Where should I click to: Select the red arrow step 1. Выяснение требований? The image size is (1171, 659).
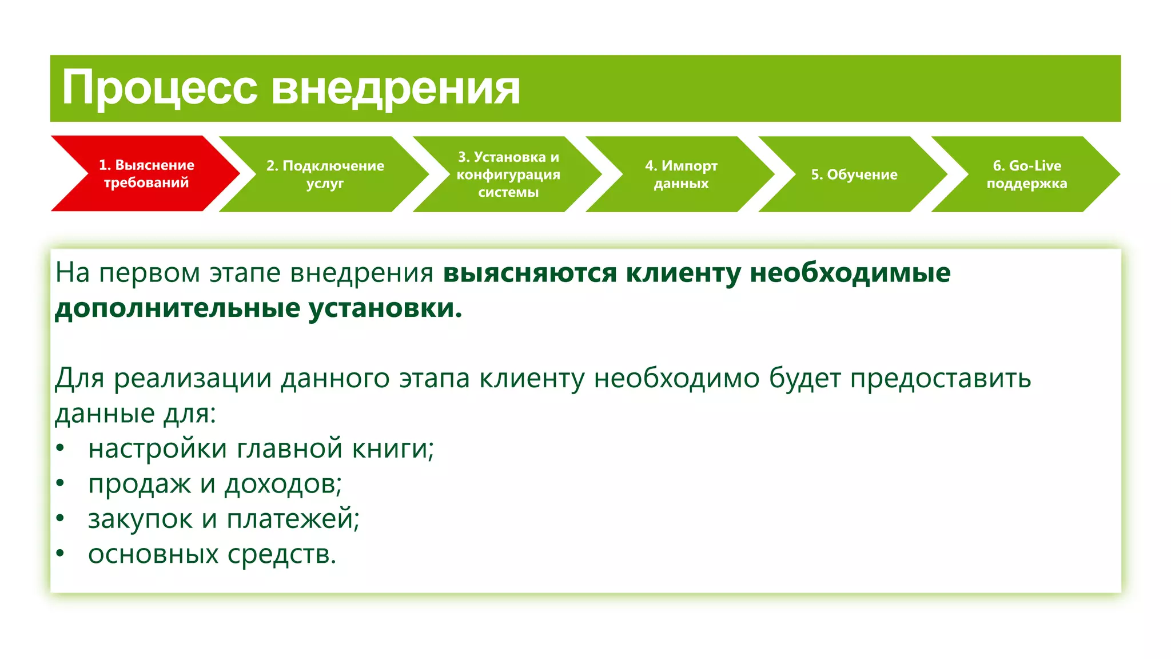(x=146, y=173)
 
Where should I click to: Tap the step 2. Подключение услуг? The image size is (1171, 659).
(x=325, y=174)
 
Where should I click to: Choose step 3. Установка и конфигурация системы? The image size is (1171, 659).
(x=508, y=174)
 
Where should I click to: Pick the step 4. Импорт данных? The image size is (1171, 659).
(x=680, y=174)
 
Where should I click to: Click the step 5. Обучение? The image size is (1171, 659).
(x=854, y=174)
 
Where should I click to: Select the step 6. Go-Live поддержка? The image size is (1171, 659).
(x=1026, y=174)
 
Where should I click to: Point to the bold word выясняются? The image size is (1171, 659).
(x=529, y=273)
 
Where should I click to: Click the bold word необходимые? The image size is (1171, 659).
(x=850, y=273)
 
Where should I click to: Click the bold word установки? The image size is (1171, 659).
(x=385, y=308)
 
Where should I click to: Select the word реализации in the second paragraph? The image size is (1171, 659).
(x=192, y=378)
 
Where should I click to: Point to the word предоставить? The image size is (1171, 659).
(x=940, y=378)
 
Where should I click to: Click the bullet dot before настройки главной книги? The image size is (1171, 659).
(x=60, y=448)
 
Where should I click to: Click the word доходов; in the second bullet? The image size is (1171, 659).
(x=283, y=484)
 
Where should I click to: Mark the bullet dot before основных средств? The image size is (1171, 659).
(x=60, y=554)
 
